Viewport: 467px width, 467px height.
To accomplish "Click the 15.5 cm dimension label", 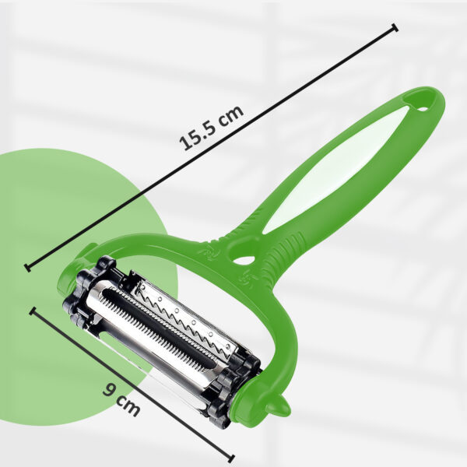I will click(211, 128).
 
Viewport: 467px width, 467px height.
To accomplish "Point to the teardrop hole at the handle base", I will click(244, 259).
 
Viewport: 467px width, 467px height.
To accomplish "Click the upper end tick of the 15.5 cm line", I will click(395, 28).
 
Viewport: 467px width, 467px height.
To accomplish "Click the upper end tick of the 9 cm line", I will click(33, 311).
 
